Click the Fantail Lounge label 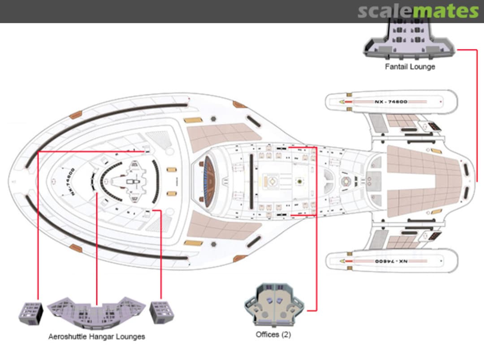(x=410, y=67)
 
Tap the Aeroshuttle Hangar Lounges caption (x=96, y=336)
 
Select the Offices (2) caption (x=273, y=334)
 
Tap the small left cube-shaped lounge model (x=30, y=312)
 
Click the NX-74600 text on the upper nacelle (x=391, y=102)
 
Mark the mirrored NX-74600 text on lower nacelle (x=391, y=261)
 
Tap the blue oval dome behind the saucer (x=209, y=182)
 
